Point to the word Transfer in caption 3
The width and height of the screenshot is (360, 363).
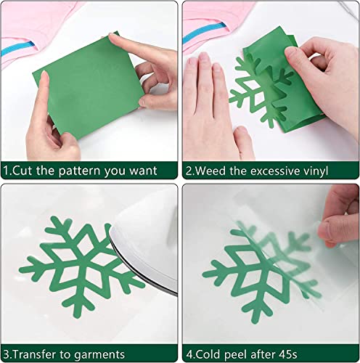point(38,355)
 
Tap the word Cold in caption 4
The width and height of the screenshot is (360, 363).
point(211,355)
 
